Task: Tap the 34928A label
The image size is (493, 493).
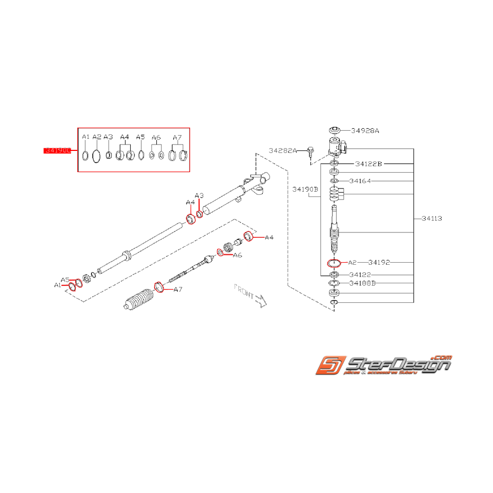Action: (x=366, y=130)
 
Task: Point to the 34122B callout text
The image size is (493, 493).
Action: (x=369, y=164)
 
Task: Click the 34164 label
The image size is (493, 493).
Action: (x=360, y=181)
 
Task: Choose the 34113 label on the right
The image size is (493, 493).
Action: (x=432, y=218)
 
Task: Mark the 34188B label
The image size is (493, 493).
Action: (x=363, y=283)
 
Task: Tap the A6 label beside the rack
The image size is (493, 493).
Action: (x=237, y=255)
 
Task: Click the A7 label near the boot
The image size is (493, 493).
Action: (x=177, y=289)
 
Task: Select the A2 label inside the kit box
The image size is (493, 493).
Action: (x=96, y=137)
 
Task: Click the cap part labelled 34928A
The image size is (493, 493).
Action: (x=334, y=131)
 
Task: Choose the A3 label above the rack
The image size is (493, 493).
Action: (x=199, y=196)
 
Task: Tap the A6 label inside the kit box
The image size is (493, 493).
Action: (x=156, y=137)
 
